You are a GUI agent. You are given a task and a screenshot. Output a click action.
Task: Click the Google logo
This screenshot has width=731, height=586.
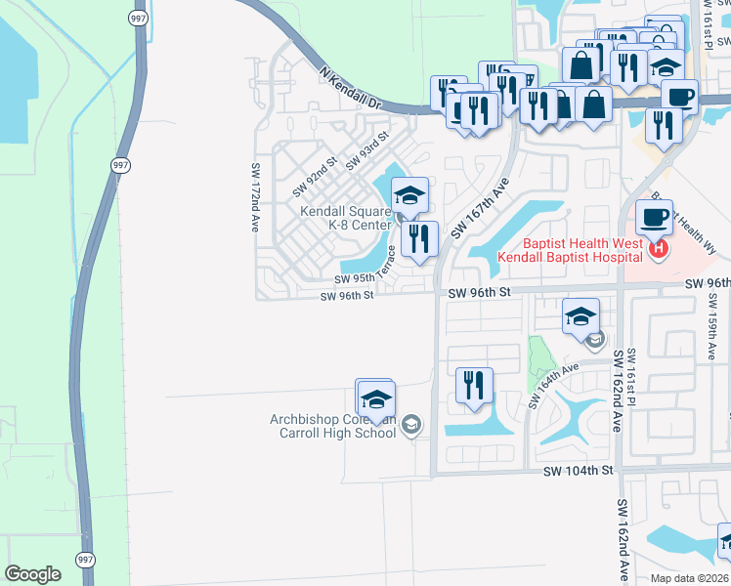(x=33, y=574)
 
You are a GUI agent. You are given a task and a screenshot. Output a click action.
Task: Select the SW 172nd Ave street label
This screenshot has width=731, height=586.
(x=254, y=195)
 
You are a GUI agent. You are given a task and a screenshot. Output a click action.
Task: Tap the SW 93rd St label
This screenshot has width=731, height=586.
(x=367, y=150)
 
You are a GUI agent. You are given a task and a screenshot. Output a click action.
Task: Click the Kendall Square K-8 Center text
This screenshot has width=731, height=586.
(x=346, y=218)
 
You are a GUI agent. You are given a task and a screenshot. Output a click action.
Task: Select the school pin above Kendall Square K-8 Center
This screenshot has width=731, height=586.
(x=410, y=196)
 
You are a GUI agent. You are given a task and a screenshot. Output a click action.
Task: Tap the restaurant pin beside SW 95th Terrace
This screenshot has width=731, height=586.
(x=420, y=239)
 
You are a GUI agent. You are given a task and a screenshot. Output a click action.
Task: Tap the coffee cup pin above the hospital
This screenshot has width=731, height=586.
(x=654, y=216)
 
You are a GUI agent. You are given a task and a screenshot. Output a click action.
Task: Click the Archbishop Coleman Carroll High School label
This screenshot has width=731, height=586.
(x=332, y=427)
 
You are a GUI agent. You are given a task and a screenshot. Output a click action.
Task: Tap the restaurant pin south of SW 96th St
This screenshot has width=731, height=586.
(x=474, y=385)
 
